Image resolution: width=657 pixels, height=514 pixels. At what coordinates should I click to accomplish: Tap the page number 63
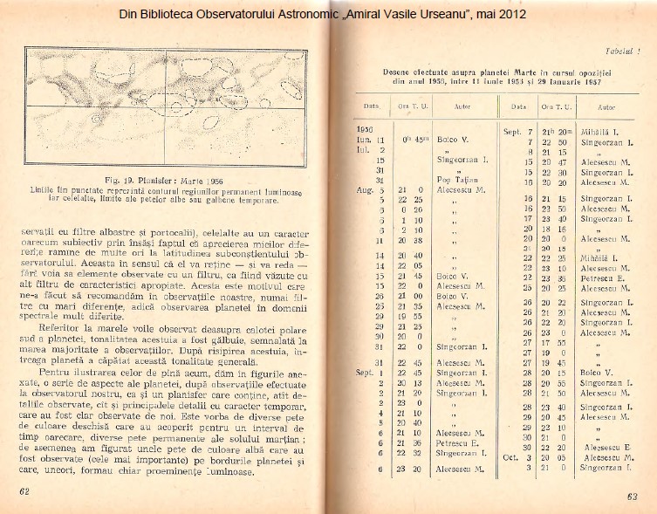click(632, 496)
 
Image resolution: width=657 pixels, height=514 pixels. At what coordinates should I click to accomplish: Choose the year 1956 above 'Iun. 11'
click(366, 128)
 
